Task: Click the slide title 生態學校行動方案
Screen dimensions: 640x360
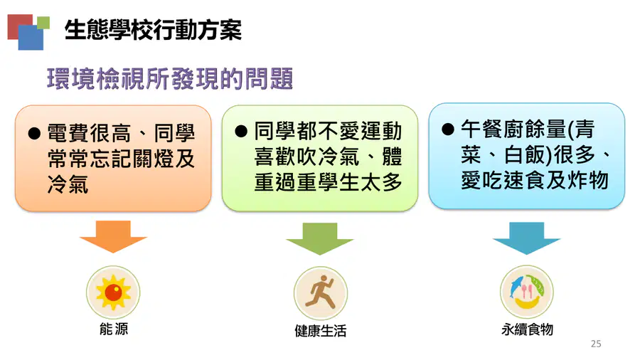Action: point(153,30)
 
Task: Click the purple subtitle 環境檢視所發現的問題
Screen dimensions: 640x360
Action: point(170,78)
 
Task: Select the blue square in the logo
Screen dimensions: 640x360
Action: point(31,38)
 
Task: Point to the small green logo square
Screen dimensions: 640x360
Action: point(43,23)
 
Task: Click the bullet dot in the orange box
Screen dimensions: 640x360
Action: point(34,134)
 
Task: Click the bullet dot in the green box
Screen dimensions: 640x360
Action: point(241,132)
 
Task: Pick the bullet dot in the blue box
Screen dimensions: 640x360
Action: point(448,129)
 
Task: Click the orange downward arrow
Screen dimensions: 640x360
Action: point(113,236)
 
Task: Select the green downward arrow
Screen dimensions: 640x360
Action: point(319,238)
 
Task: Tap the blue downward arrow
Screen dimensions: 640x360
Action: point(526,238)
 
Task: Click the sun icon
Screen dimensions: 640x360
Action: point(113,292)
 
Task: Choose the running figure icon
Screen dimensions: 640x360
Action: point(321,293)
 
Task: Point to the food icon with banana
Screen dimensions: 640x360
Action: point(527,292)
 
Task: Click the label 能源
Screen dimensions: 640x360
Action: point(114,329)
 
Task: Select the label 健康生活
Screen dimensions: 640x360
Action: point(321,331)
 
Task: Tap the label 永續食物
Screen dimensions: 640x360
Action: point(527,329)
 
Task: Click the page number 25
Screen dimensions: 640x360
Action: point(596,344)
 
